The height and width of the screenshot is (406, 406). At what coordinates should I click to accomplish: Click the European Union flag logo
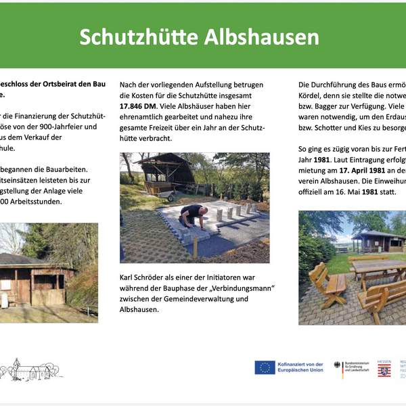click(265, 367)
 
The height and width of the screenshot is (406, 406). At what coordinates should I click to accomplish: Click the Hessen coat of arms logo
click(384, 370)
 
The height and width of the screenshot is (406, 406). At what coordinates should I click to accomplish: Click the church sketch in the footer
click(28, 369)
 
